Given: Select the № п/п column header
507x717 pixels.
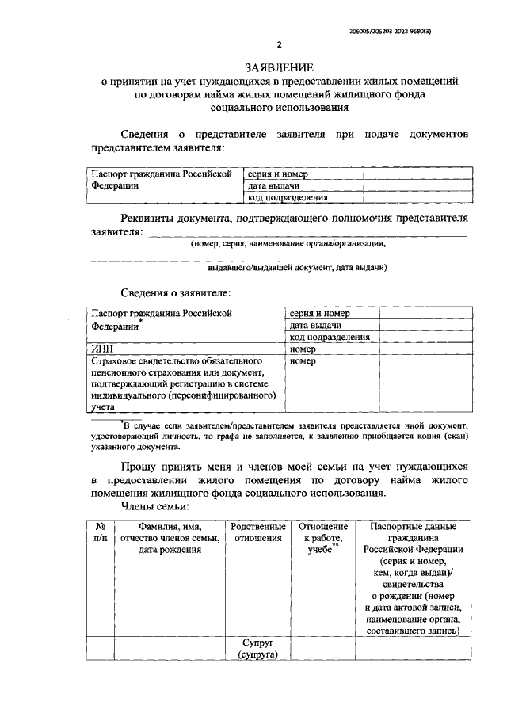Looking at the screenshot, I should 101,532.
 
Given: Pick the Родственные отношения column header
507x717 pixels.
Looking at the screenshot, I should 257,532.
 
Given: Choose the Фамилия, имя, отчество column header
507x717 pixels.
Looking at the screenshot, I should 170,538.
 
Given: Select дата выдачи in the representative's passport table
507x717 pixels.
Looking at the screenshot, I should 273,185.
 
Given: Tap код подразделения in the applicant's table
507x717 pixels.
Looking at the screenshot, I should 330,337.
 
